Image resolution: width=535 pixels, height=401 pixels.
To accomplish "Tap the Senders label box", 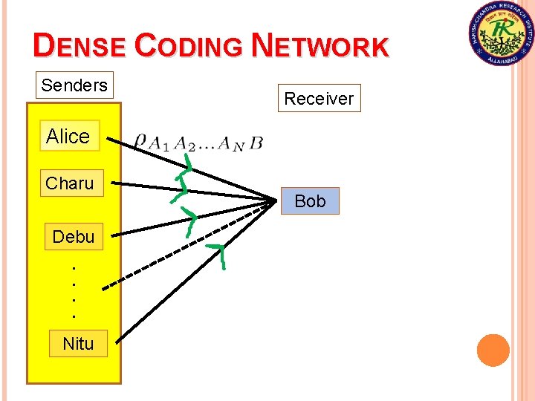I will point(74,85).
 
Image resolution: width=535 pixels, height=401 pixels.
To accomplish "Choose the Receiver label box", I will point(319,98).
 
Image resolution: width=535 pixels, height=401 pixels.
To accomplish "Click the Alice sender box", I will point(69,136).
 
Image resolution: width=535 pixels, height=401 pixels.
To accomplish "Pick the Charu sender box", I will point(71,183).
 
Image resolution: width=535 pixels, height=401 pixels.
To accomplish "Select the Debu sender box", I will point(74,237).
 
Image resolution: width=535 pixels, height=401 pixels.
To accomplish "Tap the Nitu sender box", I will point(78,344).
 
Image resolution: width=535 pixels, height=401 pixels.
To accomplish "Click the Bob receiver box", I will point(310,201).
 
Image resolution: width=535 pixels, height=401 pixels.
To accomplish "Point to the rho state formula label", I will point(198,142).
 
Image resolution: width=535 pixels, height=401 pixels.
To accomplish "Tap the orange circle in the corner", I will point(493,351).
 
